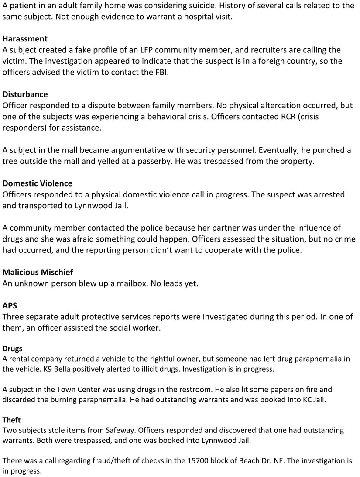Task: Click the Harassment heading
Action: pyautogui.click(x=25, y=39)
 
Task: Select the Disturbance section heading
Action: pyautogui.click(x=25, y=94)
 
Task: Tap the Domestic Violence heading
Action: pyautogui.click(x=37, y=183)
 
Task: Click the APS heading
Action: pyautogui.click(x=10, y=305)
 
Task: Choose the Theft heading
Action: pyautogui.click(x=11, y=420)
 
